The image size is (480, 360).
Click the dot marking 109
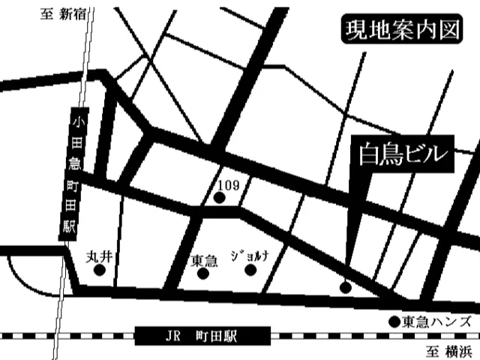pos(220,198)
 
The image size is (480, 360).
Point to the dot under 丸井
pos(98,272)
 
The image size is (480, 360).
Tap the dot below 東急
pos(202,274)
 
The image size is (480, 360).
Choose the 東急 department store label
pos(204,260)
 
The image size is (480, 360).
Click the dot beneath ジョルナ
pos(252,271)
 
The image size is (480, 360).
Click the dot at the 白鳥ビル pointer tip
pos(345,286)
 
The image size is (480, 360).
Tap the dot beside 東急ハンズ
pos(393,322)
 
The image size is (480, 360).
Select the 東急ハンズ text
pos(436,322)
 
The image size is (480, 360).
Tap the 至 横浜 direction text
pos(448,350)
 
